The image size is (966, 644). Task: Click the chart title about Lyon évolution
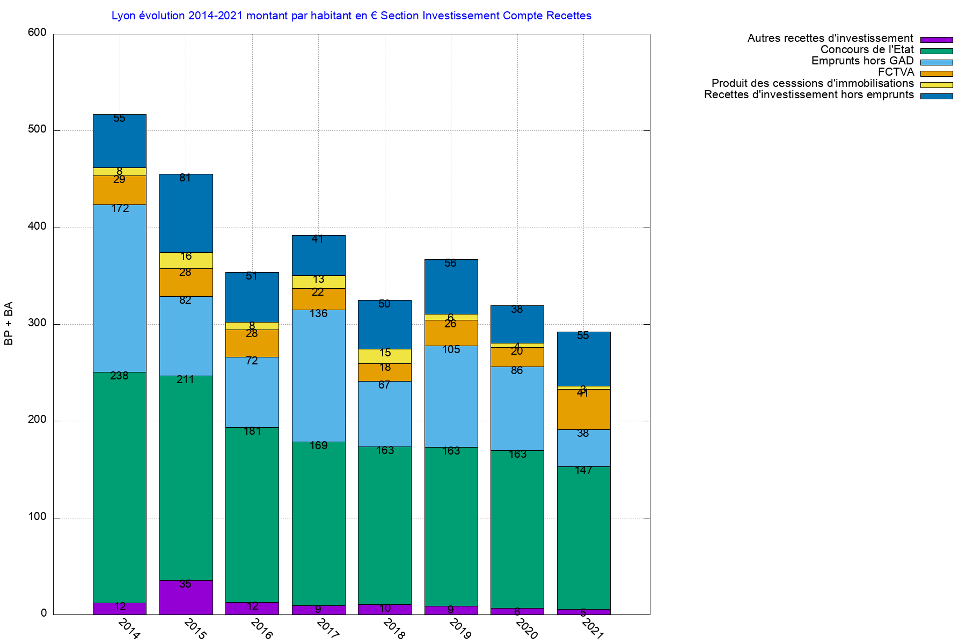click(352, 16)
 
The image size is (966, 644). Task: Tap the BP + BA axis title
click(9, 324)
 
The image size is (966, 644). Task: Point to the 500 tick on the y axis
click(37, 130)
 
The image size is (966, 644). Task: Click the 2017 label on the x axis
click(327, 628)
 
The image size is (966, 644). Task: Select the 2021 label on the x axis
click(592, 628)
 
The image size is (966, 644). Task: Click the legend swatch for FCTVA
click(936, 74)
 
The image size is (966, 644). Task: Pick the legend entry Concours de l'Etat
click(867, 50)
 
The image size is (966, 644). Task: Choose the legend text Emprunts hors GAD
click(862, 61)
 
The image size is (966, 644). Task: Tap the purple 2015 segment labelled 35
click(186, 597)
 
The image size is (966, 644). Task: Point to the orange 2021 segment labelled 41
click(583, 409)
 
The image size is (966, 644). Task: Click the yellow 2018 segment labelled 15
click(384, 356)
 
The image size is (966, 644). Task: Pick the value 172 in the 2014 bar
click(120, 208)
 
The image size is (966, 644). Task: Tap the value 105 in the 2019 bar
click(451, 350)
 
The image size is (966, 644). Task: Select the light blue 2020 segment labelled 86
click(517, 408)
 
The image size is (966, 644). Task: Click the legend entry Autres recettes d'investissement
click(830, 39)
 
